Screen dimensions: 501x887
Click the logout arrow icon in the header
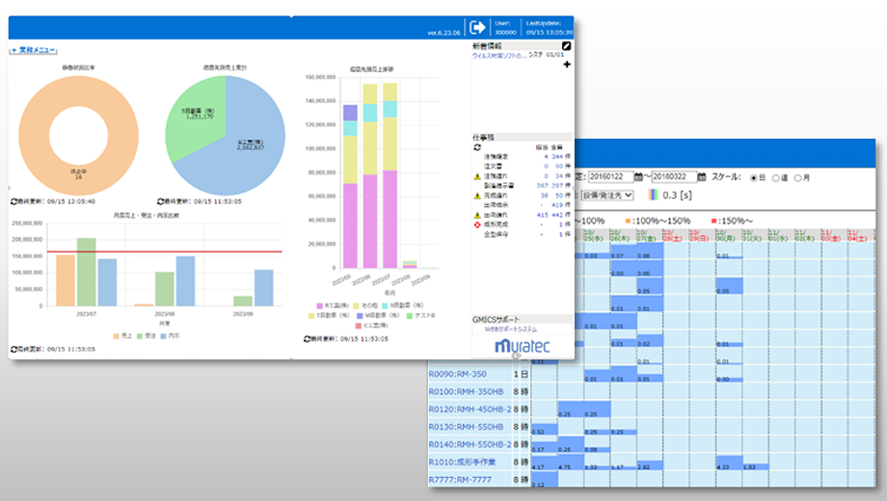tap(478, 27)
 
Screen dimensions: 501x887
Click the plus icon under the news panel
tap(567, 65)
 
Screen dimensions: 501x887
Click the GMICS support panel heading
tap(497, 318)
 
